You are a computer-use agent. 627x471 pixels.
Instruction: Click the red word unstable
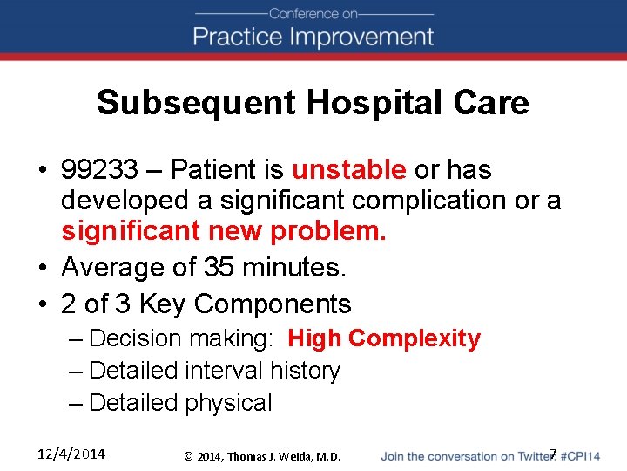coord(348,169)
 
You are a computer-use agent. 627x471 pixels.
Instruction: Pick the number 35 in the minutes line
coord(219,267)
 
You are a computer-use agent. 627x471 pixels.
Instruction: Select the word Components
coord(273,304)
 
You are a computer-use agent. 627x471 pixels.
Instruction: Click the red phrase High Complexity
coord(384,338)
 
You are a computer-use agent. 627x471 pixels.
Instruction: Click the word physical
coord(228,403)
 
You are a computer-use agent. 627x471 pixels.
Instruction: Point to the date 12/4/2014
coord(72,454)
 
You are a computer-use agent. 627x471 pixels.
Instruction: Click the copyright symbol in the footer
coord(189,456)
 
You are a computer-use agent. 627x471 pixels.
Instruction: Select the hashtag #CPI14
coord(580,456)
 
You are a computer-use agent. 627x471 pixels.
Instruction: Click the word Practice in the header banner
coord(234,37)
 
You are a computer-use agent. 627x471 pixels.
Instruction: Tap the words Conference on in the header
coord(313,13)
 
